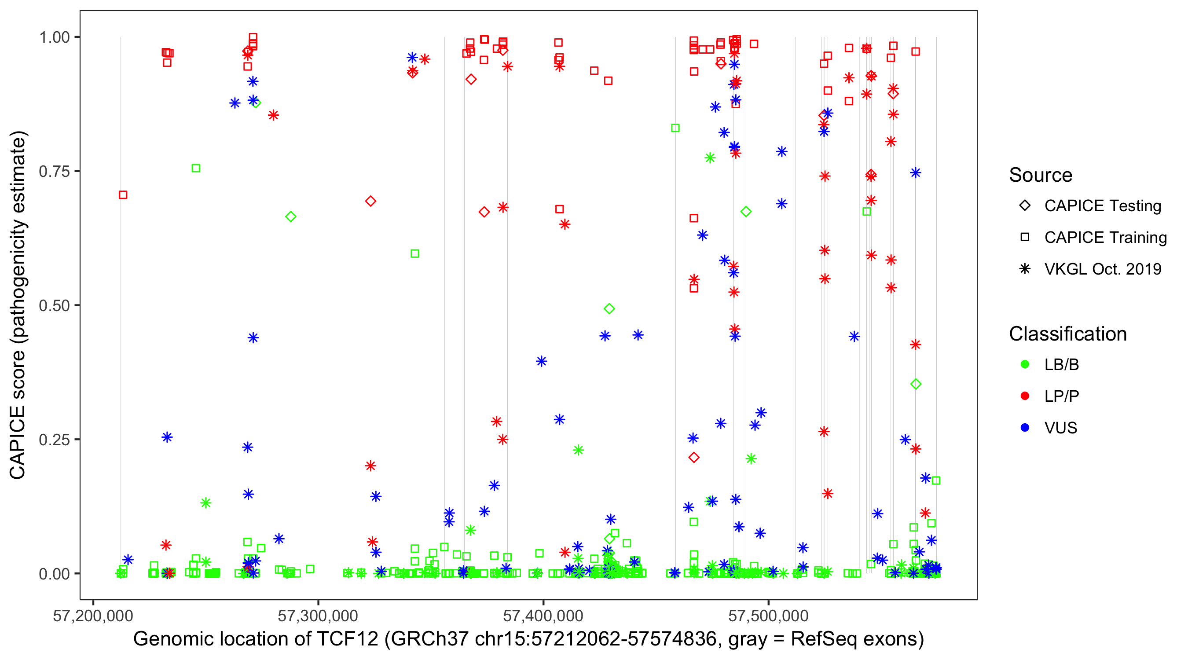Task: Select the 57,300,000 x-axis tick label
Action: click(318, 616)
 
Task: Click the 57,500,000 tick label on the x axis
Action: click(768, 616)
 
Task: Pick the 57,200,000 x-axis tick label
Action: click(93, 616)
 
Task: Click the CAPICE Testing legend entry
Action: click(1102, 206)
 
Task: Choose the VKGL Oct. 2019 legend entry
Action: click(1102, 269)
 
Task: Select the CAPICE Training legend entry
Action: click(1105, 238)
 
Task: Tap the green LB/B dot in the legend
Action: click(1025, 364)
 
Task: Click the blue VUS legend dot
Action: click(1025, 428)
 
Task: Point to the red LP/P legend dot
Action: click(1025, 396)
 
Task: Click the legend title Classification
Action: click(1067, 334)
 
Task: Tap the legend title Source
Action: click(1041, 175)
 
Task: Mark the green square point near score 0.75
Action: click(195, 169)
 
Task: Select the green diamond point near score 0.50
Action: click(609, 308)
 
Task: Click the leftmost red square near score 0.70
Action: click(123, 195)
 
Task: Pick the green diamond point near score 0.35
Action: click(916, 384)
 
